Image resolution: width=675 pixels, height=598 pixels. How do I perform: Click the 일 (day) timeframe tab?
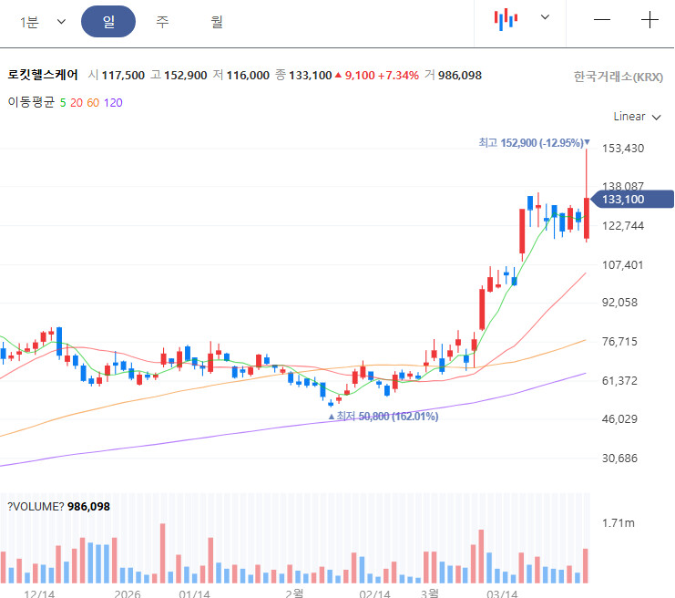[x=108, y=22]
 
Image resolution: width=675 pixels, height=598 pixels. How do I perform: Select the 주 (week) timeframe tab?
[x=162, y=22]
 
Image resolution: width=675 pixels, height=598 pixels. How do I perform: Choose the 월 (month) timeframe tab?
[x=216, y=22]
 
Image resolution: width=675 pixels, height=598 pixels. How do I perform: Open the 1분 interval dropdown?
[x=43, y=22]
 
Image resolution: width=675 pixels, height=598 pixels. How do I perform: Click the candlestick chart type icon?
[x=506, y=18]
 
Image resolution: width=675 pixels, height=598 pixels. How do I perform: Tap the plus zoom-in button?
[x=649, y=20]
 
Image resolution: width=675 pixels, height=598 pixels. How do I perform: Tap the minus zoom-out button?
[x=602, y=20]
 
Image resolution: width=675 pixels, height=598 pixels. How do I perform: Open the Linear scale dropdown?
[x=636, y=116]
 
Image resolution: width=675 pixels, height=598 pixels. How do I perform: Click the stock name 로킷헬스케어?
[x=43, y=75]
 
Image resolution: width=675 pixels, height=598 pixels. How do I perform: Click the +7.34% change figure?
[x=399, y=75]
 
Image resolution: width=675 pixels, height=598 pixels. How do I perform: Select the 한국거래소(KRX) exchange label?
[x=619, y=76]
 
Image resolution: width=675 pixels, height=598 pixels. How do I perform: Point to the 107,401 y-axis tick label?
[x=623, y=265]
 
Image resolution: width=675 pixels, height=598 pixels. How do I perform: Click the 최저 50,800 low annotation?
[x=384, y=417]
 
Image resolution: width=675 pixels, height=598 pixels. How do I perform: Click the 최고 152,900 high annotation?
[x=532, y=142]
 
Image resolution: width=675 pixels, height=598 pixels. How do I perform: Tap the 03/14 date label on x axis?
[x=502, y=593]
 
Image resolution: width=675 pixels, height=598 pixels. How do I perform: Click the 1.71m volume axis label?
[x=619, y=522]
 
